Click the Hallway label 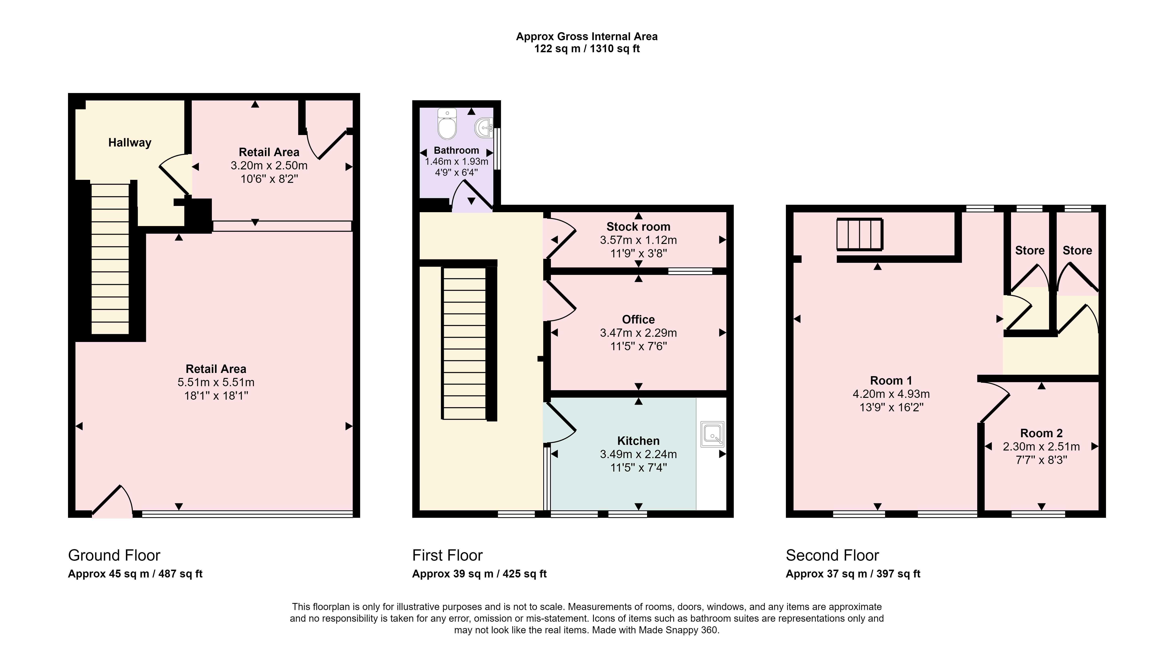pos(130,142)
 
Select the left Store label pos(1030,250)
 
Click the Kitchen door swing pos(560,421)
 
